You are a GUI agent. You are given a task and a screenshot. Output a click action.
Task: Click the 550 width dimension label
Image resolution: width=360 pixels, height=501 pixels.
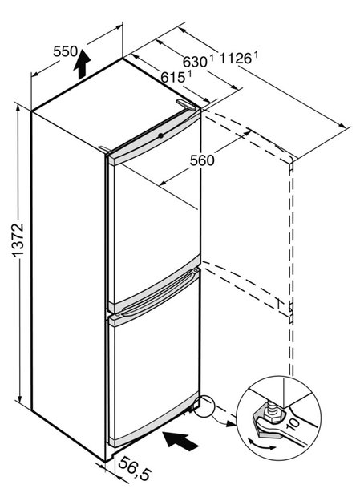click(x=65, y=51)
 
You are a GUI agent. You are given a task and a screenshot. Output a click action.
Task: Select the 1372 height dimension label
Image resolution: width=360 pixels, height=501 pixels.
click(x=18, y=240)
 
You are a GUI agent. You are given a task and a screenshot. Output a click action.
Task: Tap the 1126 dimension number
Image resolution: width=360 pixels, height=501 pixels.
click(x=235, y=59)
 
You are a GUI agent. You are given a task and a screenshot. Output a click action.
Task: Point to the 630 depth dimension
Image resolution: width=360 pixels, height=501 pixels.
click(x=195, y=62)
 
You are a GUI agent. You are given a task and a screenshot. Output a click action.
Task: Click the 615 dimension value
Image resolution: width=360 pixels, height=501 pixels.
click(x=172, y=77)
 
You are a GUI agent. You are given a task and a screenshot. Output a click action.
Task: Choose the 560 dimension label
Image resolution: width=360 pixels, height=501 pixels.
click(x=202, y=160)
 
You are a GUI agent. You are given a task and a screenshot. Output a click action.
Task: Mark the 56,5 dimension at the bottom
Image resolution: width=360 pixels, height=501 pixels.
click(x=135, y=468)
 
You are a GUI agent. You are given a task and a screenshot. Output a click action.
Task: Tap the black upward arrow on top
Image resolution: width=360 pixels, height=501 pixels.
click(x=82, y=64)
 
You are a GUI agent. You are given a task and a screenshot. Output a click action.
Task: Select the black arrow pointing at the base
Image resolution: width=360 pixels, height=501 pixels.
click(x=180, y=441)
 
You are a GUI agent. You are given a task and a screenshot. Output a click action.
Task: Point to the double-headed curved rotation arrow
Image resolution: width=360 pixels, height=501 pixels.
click(x=262, y=444)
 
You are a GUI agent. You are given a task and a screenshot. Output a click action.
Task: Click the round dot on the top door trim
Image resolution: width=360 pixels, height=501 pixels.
click(x=161, y=135)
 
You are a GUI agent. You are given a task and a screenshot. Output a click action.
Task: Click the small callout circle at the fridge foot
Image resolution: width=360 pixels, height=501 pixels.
click(x=204, y=406)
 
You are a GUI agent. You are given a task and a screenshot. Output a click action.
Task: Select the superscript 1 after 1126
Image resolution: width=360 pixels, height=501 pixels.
click(x=256, y=55)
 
